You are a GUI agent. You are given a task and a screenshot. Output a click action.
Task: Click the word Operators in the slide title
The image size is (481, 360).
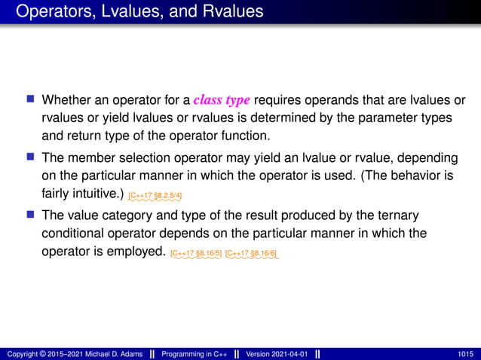coord(50,12)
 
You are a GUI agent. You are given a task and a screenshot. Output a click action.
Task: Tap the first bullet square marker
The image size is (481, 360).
coord(31,99)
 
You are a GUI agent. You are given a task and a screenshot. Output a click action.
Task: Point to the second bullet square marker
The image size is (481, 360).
coord(31,157)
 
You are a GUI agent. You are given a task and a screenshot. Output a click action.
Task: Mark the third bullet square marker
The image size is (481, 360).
coord(31,215)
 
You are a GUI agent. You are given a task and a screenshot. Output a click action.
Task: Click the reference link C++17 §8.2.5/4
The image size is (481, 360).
coord(155,196)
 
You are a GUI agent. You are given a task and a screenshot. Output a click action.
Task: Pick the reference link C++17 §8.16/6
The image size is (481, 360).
coord(251,254)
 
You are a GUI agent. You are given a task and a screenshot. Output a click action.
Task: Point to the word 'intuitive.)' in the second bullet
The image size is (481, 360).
coord(96,194)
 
